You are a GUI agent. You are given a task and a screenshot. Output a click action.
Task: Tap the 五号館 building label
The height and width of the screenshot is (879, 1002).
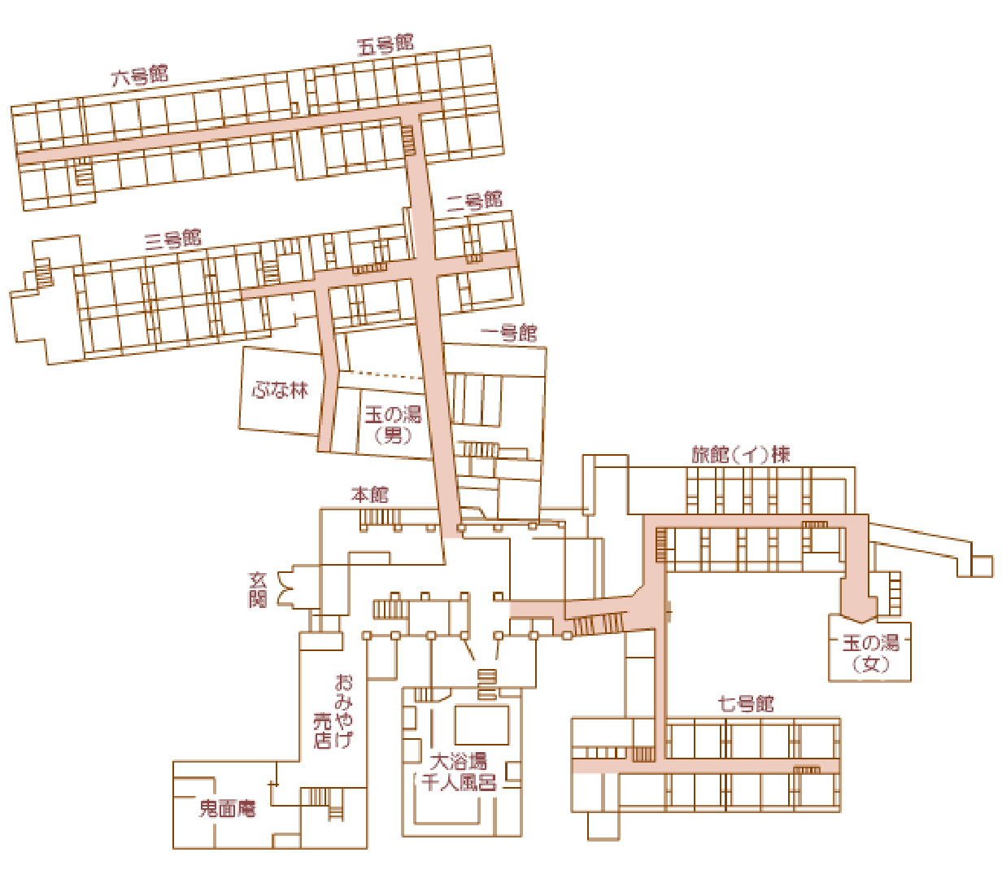[386, 45]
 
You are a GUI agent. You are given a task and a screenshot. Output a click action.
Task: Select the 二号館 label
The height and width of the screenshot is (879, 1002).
[474, 201]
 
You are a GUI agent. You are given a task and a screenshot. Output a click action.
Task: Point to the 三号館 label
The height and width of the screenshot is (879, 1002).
[173, 239]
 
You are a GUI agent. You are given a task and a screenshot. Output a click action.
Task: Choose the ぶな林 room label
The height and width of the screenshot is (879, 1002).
[281, 390]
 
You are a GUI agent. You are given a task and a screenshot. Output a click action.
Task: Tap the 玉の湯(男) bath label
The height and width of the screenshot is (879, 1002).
[393, 424]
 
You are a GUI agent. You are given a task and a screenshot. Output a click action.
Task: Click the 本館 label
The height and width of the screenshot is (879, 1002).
[369, 494]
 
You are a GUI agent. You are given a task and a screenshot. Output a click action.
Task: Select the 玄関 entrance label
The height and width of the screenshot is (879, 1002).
[258, 590]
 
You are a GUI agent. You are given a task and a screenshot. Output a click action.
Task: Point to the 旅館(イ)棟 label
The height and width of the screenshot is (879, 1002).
[741, 454]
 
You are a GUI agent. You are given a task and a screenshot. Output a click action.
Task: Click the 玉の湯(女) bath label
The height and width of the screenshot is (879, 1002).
[870, 653]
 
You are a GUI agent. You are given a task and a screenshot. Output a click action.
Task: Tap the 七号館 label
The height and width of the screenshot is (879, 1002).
[746, 703]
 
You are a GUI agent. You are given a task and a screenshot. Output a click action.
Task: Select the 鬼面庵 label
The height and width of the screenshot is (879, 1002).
[228, 808]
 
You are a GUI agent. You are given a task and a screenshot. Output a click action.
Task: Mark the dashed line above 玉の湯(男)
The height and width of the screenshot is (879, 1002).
[382, 374]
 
